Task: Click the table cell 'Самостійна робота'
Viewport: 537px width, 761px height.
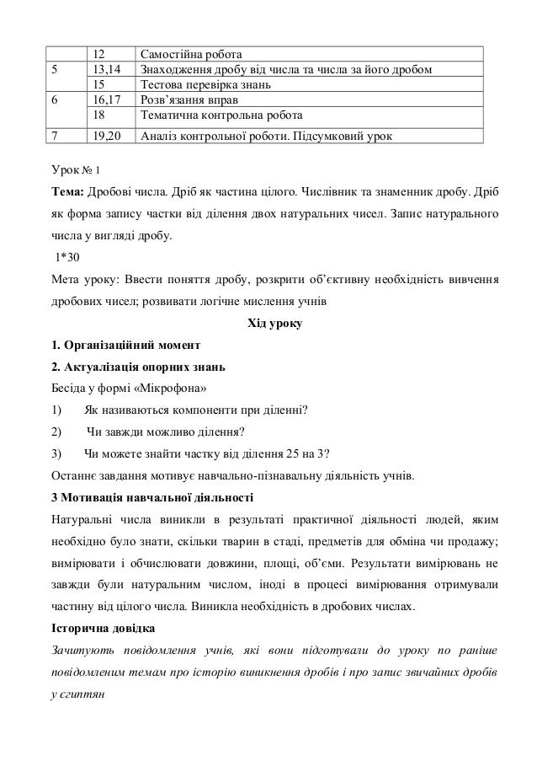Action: [x=198, y=55]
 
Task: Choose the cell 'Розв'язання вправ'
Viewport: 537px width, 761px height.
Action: [x=189, y=99]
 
